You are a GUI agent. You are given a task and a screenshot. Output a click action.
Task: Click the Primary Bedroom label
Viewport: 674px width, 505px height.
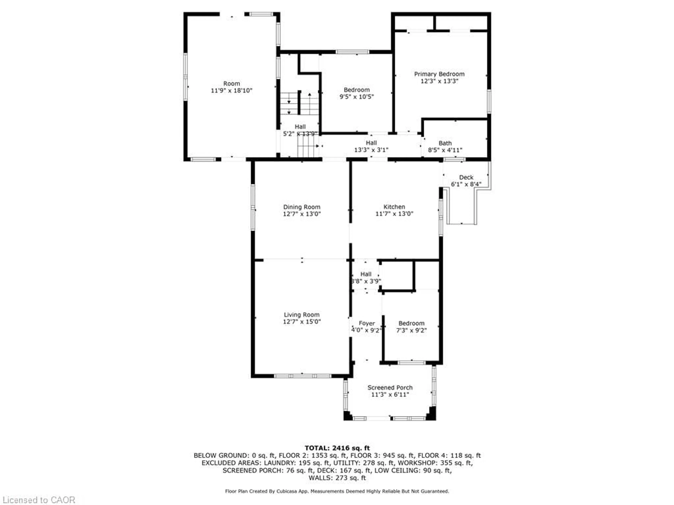coord(439,74)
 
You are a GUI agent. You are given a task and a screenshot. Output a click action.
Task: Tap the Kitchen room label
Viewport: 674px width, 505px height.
coord(394,207)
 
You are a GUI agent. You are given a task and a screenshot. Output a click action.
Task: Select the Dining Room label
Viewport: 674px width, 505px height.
coord(302,207)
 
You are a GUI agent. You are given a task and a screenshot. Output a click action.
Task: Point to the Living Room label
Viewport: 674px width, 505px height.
coord(302,315)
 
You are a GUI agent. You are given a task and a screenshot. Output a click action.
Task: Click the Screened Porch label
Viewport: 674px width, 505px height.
coord(390,388)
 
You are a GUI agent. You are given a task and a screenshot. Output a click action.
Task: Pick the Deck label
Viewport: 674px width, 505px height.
coord(466,177)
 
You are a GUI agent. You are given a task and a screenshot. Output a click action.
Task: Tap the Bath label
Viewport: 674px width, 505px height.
coord(445,143)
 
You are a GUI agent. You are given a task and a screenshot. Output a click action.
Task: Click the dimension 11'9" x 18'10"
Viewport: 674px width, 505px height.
coord(232,90)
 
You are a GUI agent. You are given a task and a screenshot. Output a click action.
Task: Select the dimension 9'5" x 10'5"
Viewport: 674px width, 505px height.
coord(356,97)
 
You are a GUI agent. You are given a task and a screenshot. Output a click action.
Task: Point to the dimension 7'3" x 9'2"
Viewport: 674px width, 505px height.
coord(411,330)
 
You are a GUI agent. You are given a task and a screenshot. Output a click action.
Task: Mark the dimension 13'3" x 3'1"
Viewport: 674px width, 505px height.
coord(371,150)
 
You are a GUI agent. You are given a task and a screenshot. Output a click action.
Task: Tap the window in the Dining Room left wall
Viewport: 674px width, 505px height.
coord(253,207)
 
